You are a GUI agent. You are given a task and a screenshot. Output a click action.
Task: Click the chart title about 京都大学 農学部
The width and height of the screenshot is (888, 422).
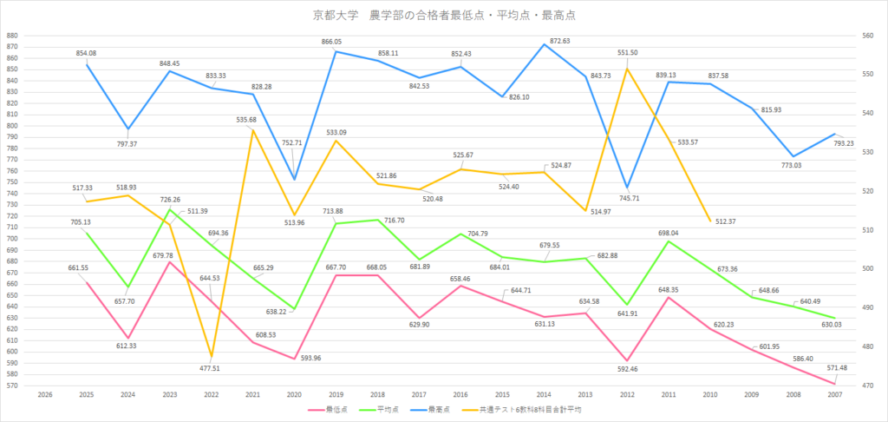(444, 15)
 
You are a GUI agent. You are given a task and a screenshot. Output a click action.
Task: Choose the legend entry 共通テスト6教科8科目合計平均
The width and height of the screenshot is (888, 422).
(539, 408)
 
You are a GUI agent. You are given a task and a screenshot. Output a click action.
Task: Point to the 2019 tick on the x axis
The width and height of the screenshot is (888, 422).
(336, 393)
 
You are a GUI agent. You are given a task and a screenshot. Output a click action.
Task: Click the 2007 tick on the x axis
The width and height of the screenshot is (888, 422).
(835, 393)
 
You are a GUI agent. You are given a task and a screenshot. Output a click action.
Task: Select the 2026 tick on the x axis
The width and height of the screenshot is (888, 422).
(44, 393)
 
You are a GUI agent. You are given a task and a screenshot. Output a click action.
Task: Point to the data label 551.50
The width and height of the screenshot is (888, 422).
(628, 53)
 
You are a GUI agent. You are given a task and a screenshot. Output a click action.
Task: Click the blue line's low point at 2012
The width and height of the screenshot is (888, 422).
(627, 188)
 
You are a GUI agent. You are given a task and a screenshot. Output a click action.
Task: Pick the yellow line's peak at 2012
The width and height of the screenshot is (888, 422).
(627, 69)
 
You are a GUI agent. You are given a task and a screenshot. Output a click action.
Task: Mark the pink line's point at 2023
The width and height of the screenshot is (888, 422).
(169, 261)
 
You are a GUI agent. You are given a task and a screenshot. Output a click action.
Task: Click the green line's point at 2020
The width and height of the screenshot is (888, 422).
(294, 309)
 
